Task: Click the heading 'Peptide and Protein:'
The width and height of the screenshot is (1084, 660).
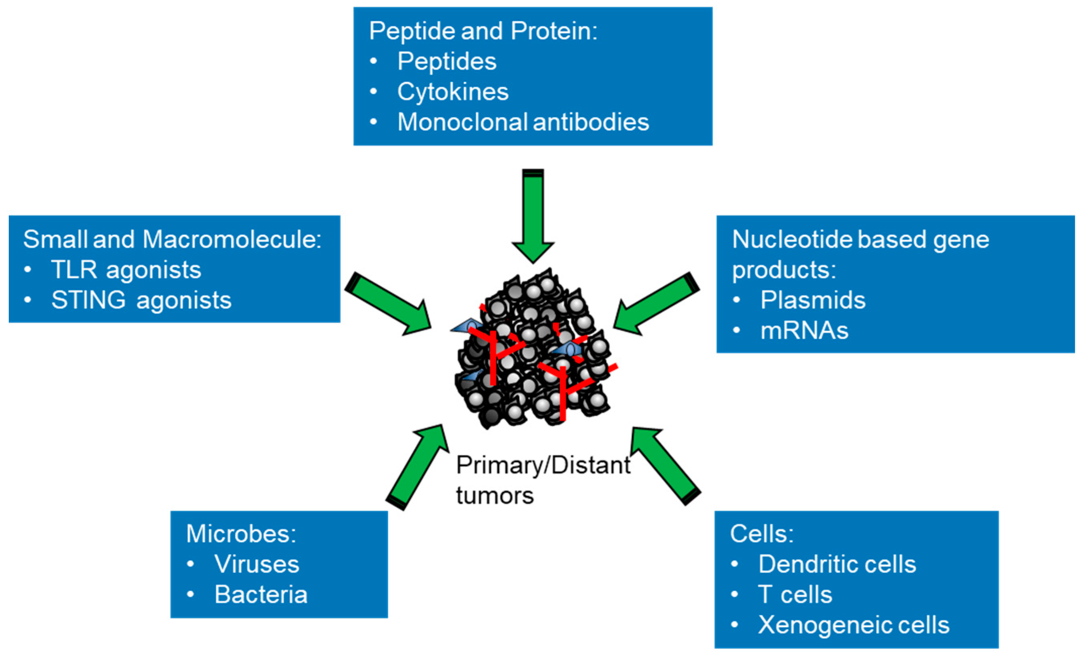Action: click(x=483, y=31)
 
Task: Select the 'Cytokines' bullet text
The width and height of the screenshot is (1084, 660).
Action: click(x=453, y=92)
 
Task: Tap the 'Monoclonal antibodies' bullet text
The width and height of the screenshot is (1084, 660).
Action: click(x=523, y=122)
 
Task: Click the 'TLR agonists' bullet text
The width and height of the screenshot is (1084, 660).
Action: click(x=126, y=270)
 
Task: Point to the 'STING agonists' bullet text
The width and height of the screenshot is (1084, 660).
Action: click(x=141, y=300)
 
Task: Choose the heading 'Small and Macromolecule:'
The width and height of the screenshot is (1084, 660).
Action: click(x=172, y=240)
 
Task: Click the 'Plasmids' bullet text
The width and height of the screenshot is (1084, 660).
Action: click(x=813, y=300)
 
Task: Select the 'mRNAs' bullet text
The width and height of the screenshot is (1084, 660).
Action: click(x=804, y=331)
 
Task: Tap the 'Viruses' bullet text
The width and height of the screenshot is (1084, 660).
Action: click(x=256, y=564)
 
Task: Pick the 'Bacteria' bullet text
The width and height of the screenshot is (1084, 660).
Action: click(x=260, y=595)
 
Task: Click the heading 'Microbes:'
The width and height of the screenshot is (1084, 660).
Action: click(x=241, y=534)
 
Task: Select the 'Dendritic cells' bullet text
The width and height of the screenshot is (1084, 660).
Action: click(x=837, y=564)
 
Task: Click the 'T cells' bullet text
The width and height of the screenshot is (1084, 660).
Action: click(x=795, y=595)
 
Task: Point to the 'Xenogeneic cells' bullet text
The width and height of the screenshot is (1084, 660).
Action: click(x=853, y=625)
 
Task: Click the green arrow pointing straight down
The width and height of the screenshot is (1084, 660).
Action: click(x=533, y=216)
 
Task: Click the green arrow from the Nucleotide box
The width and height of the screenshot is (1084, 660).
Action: click(x=655, y=304)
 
